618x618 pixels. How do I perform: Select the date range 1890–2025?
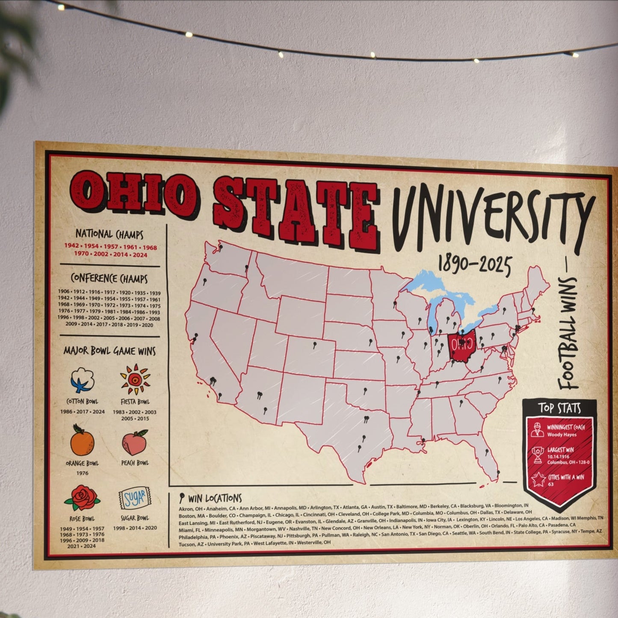click(474, 265)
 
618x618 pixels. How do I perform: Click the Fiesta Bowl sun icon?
click(135, 379)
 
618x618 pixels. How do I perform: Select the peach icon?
click(135, 443)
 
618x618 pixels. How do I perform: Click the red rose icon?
click(82, 498)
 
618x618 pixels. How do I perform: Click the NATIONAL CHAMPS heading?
click(109, 234)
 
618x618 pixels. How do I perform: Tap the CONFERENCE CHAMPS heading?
click(109, 278)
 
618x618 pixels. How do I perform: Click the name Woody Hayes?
click(562, 435)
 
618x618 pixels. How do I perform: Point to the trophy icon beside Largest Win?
click(538, 455)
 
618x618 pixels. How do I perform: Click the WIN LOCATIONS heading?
click(214, 498)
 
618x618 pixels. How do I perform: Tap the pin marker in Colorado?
click(315, 345)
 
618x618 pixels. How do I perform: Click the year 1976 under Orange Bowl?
click(82, 473)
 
